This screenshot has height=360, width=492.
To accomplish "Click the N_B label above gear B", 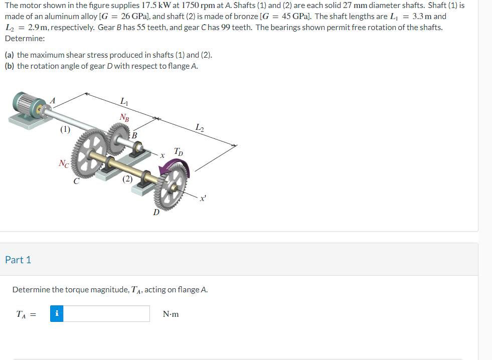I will click(124, 118).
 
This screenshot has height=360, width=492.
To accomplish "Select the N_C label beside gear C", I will click(64, 163).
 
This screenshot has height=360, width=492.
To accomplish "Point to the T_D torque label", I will click(178, 151).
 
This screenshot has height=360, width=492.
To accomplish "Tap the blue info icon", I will click(57, 314).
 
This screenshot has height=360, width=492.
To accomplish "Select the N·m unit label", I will click(171, 314).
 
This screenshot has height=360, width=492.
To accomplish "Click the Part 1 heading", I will click(18, 260).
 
